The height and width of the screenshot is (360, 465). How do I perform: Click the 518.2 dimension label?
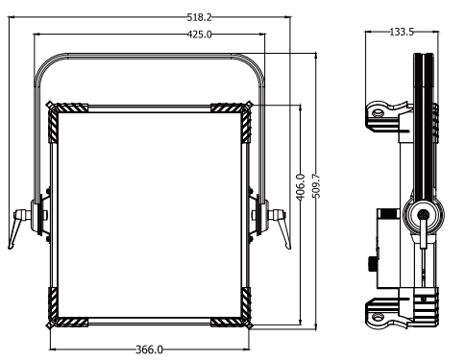pyautogui.click(x=199, y=17)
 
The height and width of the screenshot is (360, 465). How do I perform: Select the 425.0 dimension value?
pyautogui.click(x=199, y=34)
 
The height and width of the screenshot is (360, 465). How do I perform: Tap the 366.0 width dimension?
pyautogui.click(x=149, y=349)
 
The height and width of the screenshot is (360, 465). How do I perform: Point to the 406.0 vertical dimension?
pyautogui.click(x=301, y=187)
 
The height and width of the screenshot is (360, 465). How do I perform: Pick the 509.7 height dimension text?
pyautogui.click(x=316, y=186)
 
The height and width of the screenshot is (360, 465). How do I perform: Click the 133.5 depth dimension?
pyautogui.click(x=402, y=32)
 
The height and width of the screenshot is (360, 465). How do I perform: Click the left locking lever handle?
pyautogui.click(x=16, y=228)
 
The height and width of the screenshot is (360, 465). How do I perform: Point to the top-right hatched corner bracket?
pyautogui.click(x=232, y=118)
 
